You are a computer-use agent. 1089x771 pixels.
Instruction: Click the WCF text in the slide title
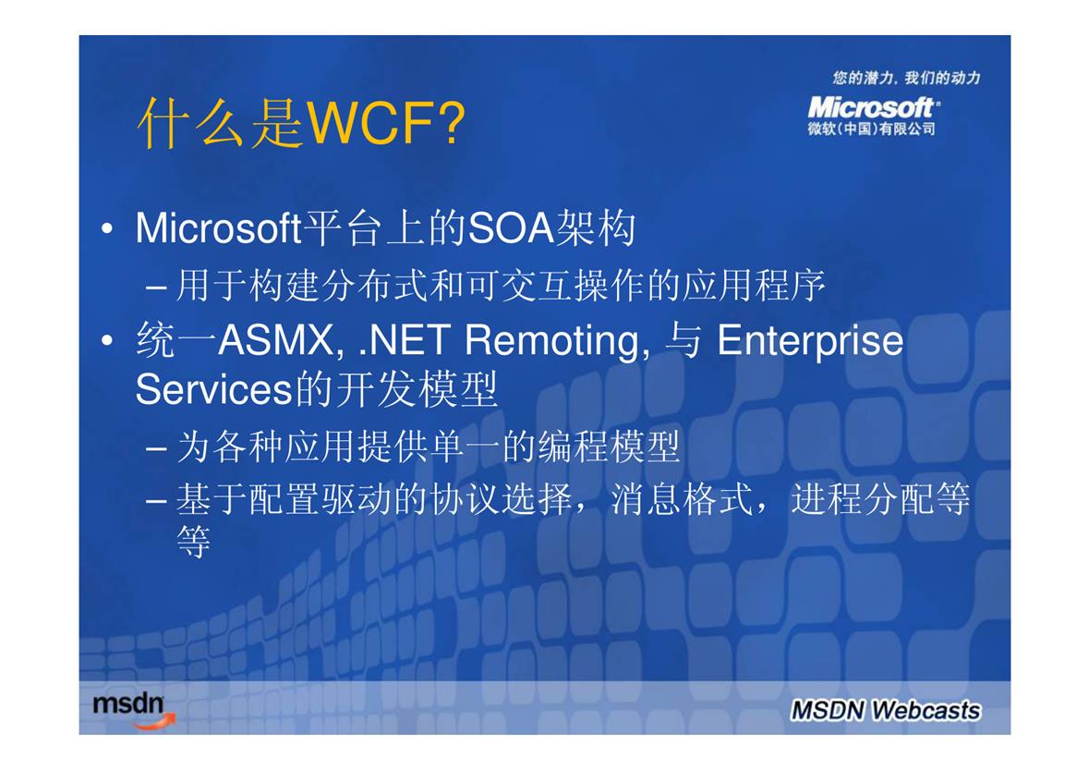371,123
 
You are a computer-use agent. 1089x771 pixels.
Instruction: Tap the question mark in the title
452,123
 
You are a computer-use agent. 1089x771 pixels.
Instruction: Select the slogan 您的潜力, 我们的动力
906,78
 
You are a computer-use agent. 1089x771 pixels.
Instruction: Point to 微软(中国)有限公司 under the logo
871,128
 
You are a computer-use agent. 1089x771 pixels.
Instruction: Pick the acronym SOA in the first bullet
511,228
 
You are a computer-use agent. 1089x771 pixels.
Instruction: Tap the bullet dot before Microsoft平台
107,228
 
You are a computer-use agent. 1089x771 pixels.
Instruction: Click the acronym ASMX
279,340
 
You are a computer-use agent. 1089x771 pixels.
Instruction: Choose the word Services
214,389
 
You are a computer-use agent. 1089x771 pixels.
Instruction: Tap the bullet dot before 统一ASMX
107,340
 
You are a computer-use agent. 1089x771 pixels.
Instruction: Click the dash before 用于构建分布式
156,287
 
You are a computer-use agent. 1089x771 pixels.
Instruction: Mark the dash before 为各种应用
156,447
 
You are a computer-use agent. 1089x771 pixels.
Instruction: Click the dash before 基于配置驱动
156,500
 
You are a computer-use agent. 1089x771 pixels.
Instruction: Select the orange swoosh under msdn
155,723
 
